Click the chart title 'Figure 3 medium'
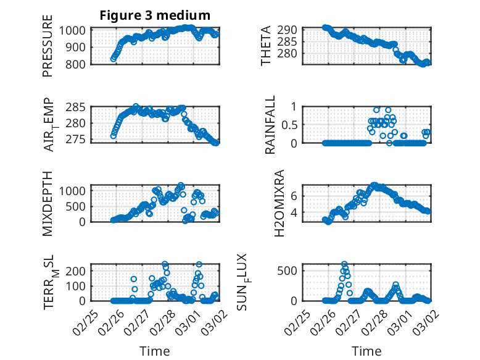[x=155, y=15]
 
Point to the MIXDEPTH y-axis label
[x=48, y=204]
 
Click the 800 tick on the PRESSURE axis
[x=77, y=64]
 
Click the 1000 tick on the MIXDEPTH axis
[x=75, y=190]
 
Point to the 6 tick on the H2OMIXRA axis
[x=294, y=196]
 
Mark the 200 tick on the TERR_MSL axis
[x=77, y=270]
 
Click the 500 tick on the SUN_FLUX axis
[x=291, y=270]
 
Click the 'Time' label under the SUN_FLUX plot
[x=366, y=351]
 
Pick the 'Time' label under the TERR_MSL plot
[x=154, y=351]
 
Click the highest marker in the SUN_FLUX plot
[x=344, y=264]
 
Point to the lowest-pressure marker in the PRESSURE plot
[x=113, y=59]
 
